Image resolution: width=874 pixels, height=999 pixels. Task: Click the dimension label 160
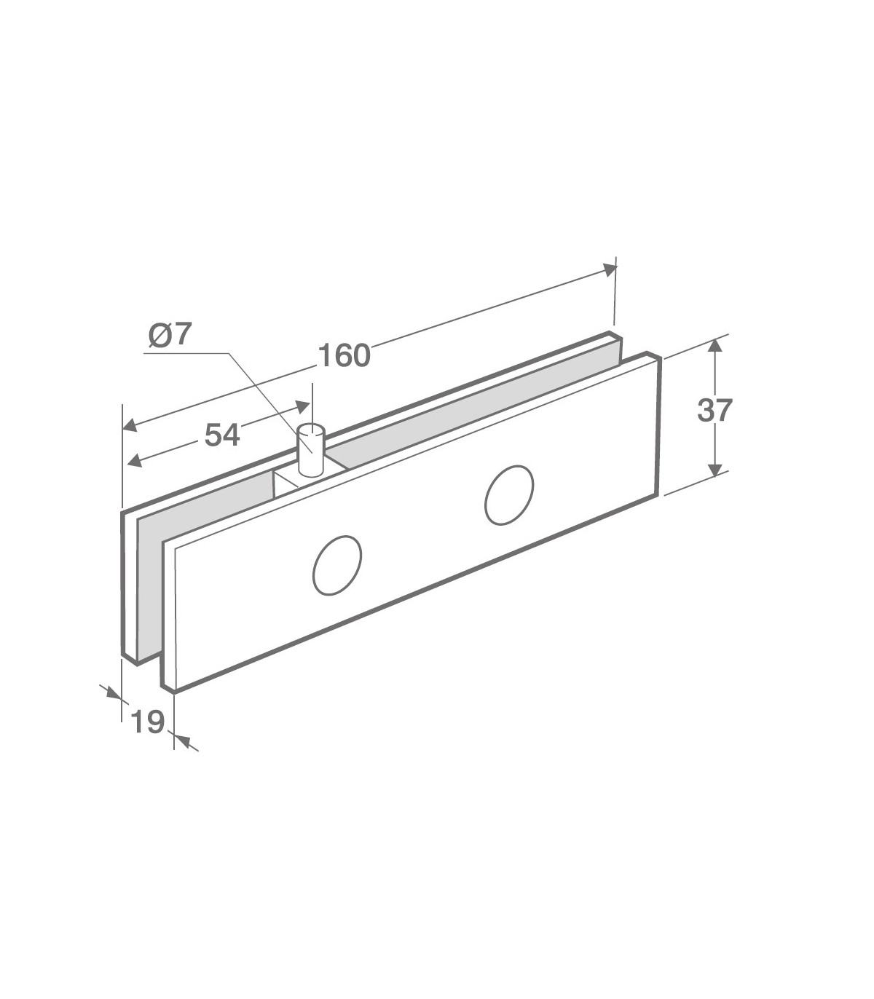345,355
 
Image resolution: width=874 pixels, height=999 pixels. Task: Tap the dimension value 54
222,435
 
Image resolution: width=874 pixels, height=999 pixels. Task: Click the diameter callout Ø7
169,335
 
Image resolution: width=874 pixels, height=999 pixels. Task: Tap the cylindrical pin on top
311,450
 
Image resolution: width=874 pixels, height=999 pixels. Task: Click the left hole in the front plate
337,565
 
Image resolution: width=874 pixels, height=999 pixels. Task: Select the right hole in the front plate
509,495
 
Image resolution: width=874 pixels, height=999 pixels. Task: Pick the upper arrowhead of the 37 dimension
715,345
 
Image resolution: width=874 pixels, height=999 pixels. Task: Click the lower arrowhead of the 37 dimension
715,470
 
